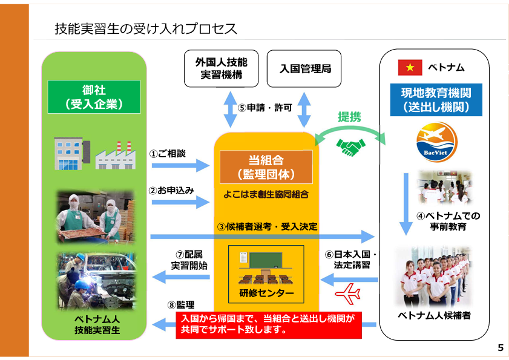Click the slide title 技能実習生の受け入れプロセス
[145, 28]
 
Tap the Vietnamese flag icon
[410, 67]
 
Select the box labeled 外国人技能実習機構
[221, 69]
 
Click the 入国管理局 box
[305, 69]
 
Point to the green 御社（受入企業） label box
[94, 97]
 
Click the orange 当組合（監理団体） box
[266, 167]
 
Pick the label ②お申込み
[171, 190]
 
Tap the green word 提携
[349, 117]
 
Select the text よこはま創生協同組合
[266, 194]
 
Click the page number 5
[501, 347]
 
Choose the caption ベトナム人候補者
[434, 316]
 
